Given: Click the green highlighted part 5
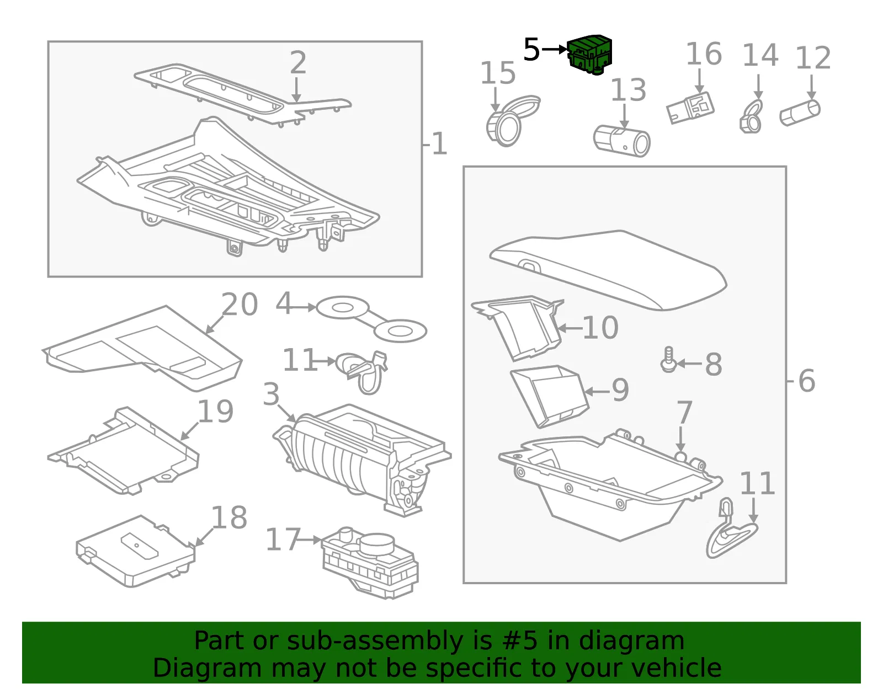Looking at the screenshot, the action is (x=589, y=55).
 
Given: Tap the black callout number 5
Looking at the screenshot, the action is (x=531, y=50).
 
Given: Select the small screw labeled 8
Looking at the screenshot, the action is (x=668, y=359).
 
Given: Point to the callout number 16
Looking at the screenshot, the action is (x=704, y=54).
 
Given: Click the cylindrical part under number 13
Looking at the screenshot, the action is (x=622, y=141).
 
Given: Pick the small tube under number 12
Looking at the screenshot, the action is (x=800, y=113).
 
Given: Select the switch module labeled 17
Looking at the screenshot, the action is (x=370, y=563).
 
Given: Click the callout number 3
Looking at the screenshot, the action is (x=271, y=394).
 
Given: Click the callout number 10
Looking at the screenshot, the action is (x=600, y=328).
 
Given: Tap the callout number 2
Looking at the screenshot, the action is (x=298, y=62).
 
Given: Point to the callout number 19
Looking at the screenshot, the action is (x=215, y=412).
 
